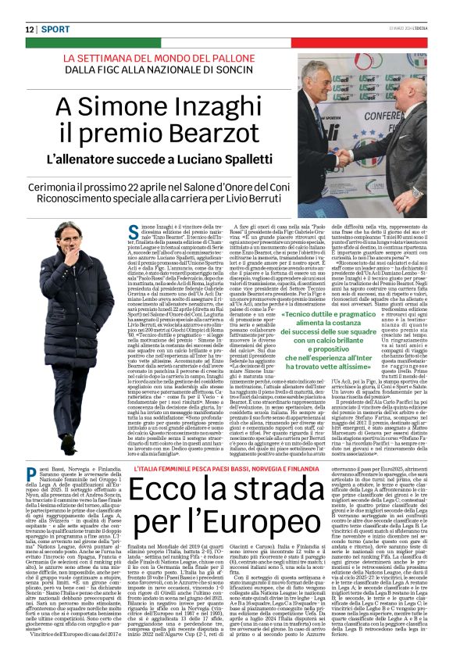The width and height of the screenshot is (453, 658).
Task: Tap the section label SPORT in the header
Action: (x=56, y=29)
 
